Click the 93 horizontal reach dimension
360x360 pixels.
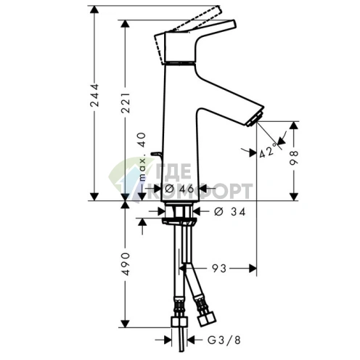click(x=218, y=268)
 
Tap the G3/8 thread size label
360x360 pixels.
click(x=217, y=338)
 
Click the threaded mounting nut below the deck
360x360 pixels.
click(x=179, y=212)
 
